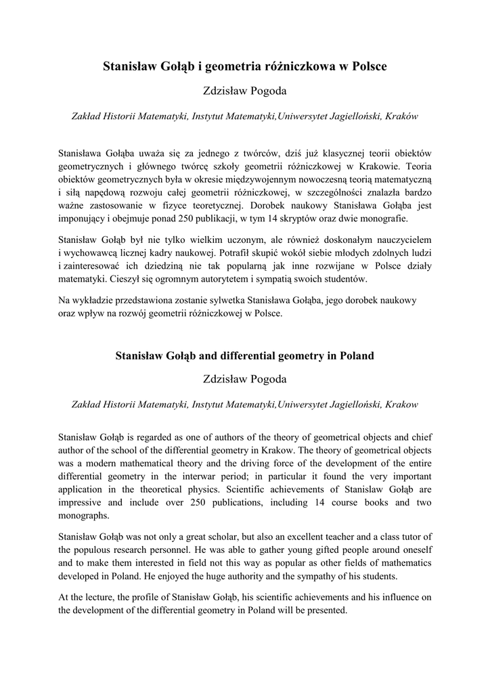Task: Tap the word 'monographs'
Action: tap(84, 515)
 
